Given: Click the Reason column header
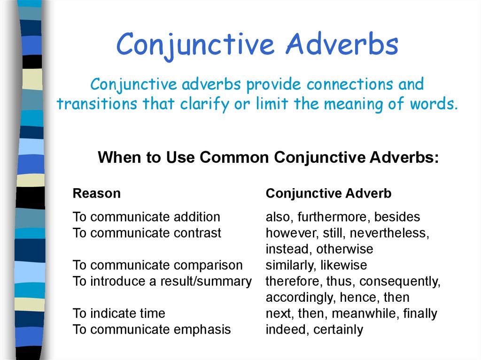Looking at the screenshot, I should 96,193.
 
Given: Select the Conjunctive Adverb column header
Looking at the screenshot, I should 328,193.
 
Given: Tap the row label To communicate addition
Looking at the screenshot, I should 146,217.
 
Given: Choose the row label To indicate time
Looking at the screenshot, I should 119,314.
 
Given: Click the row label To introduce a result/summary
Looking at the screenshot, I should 162,282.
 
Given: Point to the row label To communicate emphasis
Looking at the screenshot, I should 152,329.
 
